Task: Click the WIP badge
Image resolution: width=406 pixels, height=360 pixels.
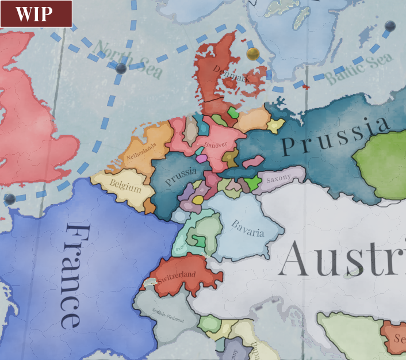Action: pos(36,14)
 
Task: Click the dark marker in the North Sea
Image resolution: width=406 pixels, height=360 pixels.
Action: pos(121,68)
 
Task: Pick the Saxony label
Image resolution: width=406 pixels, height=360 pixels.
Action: pos(279,176)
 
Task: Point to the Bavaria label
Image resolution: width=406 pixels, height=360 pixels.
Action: pos(248,228)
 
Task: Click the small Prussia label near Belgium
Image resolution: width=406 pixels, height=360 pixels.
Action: pos(181,176)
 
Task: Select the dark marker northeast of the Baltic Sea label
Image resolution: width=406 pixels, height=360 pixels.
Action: pos(390,25)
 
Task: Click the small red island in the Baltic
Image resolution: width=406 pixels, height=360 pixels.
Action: pos(305,87)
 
